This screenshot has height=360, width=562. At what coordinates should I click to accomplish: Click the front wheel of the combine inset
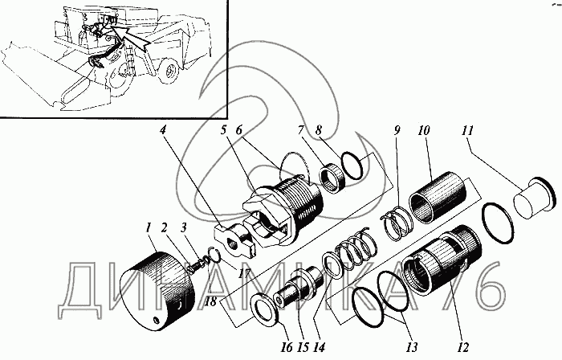[171, 72]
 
